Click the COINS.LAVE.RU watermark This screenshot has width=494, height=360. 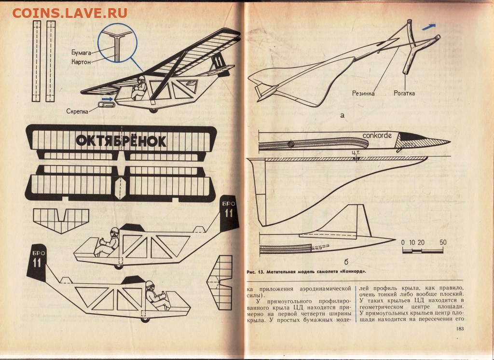point(69,13)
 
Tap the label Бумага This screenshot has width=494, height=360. point(81,52)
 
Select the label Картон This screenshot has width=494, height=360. point(81,62)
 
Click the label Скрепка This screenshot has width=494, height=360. point(77,111)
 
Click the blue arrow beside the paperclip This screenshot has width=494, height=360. point(108,99)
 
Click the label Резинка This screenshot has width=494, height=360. point(363,93)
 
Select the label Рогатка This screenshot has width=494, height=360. point(404,93)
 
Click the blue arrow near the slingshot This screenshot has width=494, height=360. point(429,27)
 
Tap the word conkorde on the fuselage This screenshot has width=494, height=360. point(377,136)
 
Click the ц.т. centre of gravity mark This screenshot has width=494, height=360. point(356,152)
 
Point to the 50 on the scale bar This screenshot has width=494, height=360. point(443,242)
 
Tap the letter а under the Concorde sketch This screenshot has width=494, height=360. point(343,115)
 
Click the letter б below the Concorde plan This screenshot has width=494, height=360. point(346,262)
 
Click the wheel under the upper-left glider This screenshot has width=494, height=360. point(153,111)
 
